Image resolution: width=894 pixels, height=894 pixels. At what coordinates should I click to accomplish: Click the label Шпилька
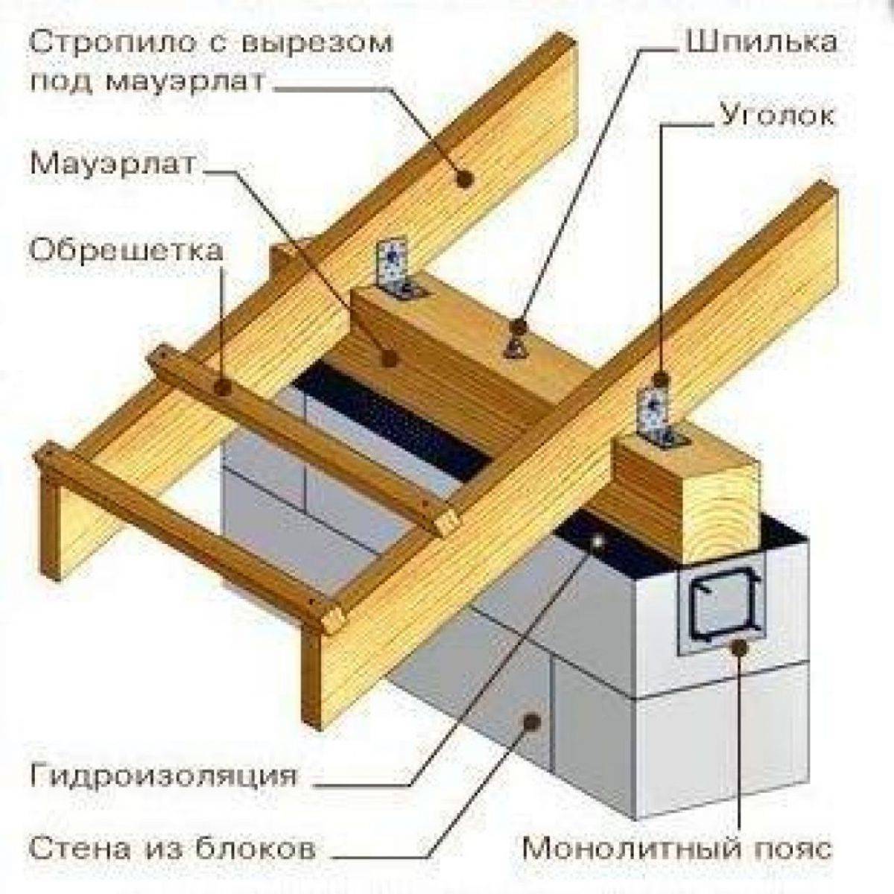click(x=761, y=42)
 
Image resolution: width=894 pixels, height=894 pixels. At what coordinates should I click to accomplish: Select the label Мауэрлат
click(x=112, y=164)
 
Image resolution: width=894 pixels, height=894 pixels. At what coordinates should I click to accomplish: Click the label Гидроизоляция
click(x=164, y=776)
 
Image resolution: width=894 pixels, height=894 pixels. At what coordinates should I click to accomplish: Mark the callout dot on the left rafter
click(x=466, y=179)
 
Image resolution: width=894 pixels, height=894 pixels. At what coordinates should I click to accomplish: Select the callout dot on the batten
click(x=221, y=385)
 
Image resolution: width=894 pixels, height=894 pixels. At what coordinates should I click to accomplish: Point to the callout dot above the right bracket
click(x=662, y=376)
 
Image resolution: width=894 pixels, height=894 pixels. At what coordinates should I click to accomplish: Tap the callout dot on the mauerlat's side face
click(x=388, y=358)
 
